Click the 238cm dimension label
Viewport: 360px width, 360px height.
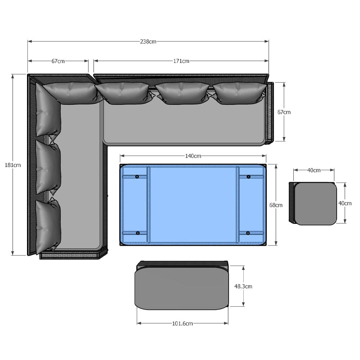148,41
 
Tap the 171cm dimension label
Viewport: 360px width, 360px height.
181,61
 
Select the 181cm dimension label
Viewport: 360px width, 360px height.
13,165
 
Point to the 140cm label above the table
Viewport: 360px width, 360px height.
193,156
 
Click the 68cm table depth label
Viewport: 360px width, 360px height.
276,205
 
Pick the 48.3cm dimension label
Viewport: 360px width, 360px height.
243,286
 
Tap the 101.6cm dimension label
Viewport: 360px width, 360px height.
183,324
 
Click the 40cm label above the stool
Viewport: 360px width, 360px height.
314,170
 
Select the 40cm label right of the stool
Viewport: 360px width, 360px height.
345,203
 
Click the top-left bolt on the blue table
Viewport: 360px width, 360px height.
137,177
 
